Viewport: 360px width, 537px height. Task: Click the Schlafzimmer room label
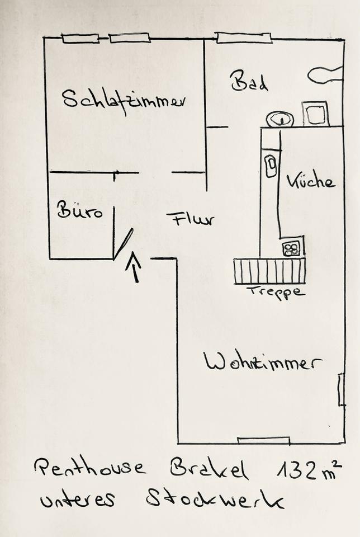point(124,101)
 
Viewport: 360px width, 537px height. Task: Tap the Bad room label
point(249,82)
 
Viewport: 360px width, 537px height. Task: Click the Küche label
point(311,181)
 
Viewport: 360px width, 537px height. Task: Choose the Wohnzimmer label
point(263,362)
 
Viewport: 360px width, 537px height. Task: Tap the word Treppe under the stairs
point(276,291)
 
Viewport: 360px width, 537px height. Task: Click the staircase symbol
point(269,271)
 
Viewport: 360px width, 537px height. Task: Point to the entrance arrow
point(133,267)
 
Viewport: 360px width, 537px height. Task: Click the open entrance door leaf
point(124,244)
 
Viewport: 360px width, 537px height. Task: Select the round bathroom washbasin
point(280,119)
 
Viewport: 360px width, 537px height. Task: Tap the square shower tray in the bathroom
point(316,114)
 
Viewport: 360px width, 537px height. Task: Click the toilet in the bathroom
point(325,74)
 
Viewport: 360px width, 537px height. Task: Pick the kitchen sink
point(271,166)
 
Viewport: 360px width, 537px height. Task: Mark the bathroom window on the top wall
point(244,38)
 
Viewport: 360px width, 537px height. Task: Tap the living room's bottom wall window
point(263,441)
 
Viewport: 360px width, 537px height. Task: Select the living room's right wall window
point(341,389)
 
